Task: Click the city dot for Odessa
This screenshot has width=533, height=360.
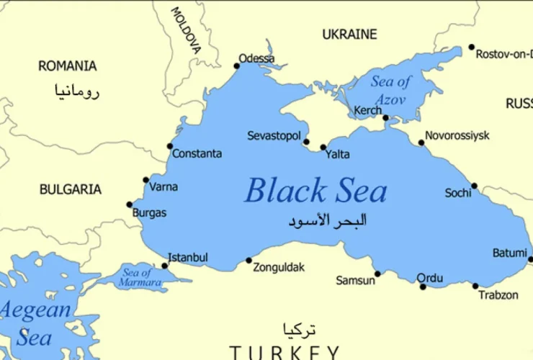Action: point(236,66)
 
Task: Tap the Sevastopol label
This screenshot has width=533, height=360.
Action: point(274,135)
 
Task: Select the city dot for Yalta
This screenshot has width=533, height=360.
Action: point(323,148)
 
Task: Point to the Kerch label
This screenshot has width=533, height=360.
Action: point(368,111)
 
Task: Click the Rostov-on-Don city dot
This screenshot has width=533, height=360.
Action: point(472,48)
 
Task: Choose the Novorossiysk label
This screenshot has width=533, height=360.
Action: point(457,135)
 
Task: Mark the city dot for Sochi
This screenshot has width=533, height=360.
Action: point(474,186)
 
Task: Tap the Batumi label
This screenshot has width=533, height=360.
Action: point(509,253)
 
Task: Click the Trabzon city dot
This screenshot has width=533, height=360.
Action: point(475,286)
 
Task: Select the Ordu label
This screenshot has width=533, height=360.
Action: point(429,278)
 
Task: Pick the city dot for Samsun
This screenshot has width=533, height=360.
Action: point(377,274)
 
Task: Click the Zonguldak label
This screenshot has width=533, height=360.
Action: point(279,268)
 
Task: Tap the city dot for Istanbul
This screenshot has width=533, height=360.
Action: point(165,266)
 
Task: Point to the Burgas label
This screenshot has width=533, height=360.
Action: point(149,213)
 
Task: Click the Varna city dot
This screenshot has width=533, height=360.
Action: point(146,180)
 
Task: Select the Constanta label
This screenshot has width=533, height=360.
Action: point(197,153)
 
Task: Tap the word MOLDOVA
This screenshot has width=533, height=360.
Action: point(186,30)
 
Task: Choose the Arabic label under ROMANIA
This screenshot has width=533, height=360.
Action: point(76,91)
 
